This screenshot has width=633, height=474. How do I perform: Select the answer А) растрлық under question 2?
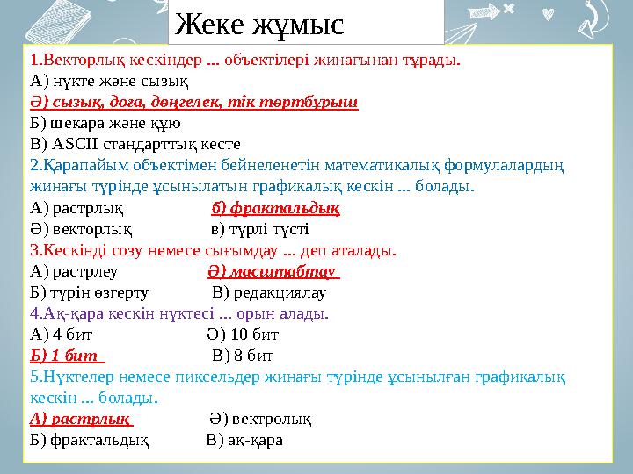tap(76, 209)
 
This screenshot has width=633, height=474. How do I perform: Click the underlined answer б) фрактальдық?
tap(276, 209)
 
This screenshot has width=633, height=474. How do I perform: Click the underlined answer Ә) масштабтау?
tap(274, 272)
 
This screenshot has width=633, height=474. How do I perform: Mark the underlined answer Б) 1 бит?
tap(67, 355)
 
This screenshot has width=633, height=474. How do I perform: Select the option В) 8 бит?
tap(243, 355)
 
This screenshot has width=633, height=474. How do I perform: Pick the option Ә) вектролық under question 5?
tap(260, 419)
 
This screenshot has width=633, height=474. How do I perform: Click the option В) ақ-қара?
tap(244, 440)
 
